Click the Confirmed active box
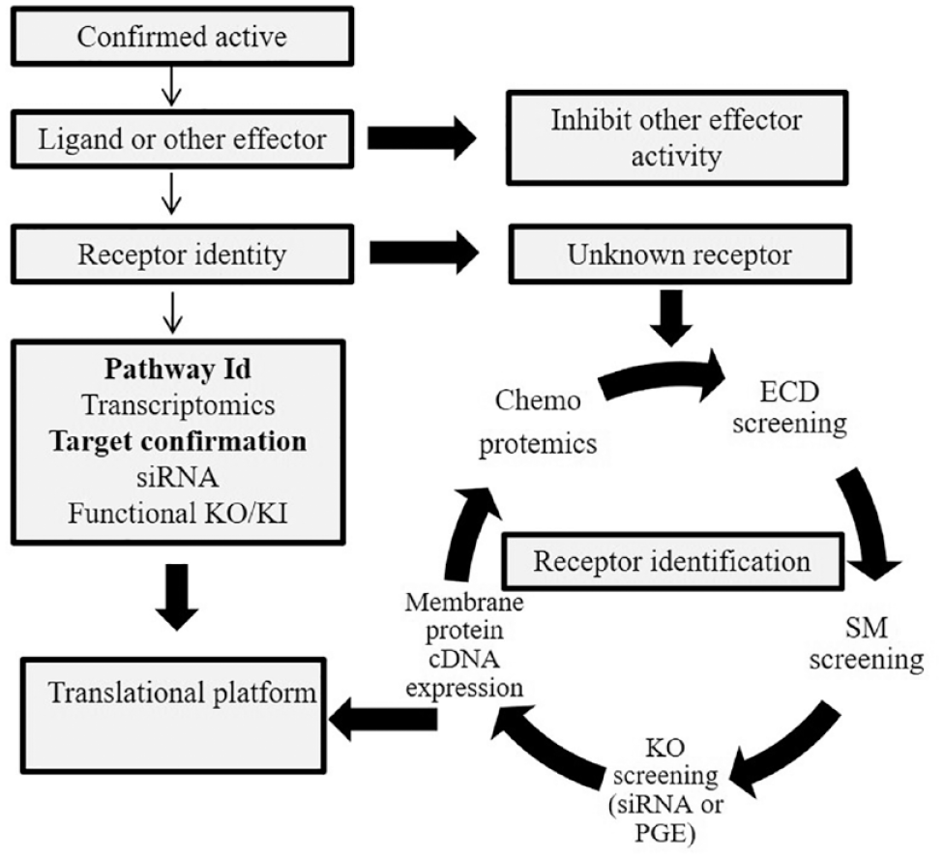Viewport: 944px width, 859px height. (182, 36)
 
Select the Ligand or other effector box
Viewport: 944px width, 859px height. (182, 139)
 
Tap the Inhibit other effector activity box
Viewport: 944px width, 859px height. (677, 138)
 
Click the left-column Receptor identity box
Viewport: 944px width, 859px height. (182, 254)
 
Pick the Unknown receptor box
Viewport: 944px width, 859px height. (680, 254)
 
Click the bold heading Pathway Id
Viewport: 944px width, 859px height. (178, 369)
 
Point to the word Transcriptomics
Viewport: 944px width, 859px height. (178, 404)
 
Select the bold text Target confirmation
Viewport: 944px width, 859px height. (178, 441)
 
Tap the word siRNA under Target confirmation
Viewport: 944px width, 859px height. (177, 477)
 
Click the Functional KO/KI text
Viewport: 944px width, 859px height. (178, 514)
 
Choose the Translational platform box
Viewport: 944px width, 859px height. (173, 715)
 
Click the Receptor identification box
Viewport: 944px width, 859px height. (672, 561)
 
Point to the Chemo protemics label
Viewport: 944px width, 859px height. (538, 422)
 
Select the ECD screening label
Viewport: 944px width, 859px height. (789, 407)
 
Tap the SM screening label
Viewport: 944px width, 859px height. (867, 643)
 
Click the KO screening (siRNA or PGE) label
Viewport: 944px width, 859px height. (665, 790)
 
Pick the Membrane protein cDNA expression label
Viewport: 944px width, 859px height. (464, 644)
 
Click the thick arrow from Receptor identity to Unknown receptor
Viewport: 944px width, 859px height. (424, 253)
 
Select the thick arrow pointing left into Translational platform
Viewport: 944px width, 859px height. (383, 720)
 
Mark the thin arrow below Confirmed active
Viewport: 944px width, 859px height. (172, 87)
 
